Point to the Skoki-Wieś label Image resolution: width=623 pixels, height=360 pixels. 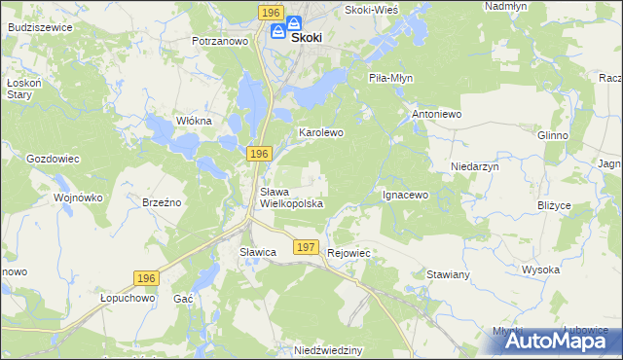tap(375, 9)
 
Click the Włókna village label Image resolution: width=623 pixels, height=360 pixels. tap(193, 121)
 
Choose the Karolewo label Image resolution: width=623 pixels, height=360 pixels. tap(321, 131)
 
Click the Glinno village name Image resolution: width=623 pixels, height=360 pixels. tap(552, 135)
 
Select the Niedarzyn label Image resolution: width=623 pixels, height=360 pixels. tap(475, 166)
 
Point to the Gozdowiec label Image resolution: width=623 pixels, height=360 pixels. tap(53, 158)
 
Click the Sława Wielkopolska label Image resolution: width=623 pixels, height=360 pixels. tap(291, 198)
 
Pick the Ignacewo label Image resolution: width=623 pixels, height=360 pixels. tap(405, 195)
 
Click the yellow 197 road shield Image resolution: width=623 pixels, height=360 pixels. tap(306, 248)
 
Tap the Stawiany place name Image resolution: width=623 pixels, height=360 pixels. tap(449, 275)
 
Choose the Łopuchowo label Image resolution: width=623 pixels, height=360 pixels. tap(128, 299)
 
